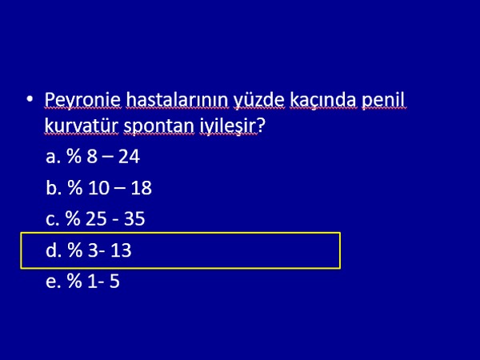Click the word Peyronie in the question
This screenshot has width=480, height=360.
click(x=82, y=101)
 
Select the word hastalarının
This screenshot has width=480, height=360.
click(x=178, y=100)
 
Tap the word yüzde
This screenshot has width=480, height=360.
click(x=259, y=101)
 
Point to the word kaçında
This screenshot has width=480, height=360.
click(x=323, y=101)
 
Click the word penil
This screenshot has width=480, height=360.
click(x=383, y=101)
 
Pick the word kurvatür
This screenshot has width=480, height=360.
click(x=81, y=126)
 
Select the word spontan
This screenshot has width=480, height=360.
click(x=158, y=126)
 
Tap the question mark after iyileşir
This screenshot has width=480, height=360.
click(x=261, y=126)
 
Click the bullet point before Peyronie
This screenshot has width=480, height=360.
click(x=30, y=99)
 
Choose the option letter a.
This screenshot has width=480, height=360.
click(x=51, y=158)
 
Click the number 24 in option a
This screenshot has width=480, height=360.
click(x=129, y=157)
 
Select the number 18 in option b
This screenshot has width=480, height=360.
click(x=141, y=188)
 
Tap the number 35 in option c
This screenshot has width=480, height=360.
click(x=134, y=219)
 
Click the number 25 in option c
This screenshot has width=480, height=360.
click(x=96, y=219)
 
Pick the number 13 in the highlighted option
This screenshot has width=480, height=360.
click(x=121, y=250)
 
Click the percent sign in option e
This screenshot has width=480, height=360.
click(x=74, y=281)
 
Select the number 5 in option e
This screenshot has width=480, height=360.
click(x=114, y=282)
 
